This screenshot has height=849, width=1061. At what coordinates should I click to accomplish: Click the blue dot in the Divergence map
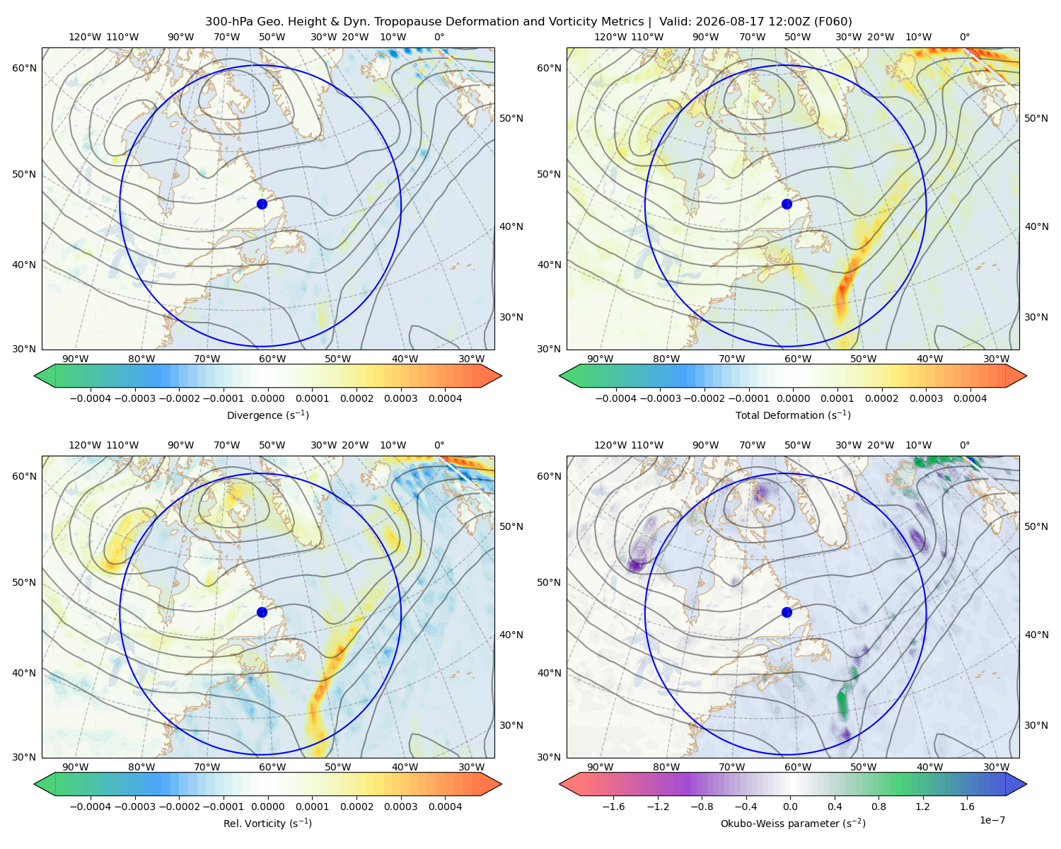(262, 204)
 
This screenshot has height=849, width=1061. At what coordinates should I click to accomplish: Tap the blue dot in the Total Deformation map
(787, 204)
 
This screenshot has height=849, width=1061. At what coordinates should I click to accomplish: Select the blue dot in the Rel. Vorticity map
(262, 612)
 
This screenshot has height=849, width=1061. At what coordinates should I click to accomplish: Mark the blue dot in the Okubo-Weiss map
(787, 612)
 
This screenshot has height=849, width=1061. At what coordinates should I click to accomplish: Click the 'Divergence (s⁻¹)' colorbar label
(267, 415)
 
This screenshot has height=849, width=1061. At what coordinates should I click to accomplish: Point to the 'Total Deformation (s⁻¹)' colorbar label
(793, 415)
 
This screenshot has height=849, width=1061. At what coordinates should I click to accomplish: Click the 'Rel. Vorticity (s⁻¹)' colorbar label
(267, 823)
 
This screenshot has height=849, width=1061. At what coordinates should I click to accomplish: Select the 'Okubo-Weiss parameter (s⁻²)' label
(793, 823)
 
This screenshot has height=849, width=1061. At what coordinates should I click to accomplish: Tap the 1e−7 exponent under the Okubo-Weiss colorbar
(992, 820)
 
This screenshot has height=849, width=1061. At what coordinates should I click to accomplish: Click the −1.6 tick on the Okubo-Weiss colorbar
(613, 806)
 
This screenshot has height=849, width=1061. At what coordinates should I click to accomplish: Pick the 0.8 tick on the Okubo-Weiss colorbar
(879, 806)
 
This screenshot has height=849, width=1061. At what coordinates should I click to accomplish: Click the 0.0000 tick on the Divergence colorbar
(267, 398)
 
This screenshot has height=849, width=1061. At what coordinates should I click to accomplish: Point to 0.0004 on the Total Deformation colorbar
(970, 398)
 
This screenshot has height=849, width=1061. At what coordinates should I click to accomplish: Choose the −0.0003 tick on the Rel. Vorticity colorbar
(134, 806)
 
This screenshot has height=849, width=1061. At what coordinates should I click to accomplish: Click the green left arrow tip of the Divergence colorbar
(35, 376)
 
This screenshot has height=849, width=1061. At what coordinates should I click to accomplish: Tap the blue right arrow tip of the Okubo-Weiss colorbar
(1026, 784)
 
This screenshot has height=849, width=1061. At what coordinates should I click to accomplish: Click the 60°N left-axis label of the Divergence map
(24, 68)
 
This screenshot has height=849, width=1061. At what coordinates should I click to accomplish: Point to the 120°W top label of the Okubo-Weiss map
(610, 444)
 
